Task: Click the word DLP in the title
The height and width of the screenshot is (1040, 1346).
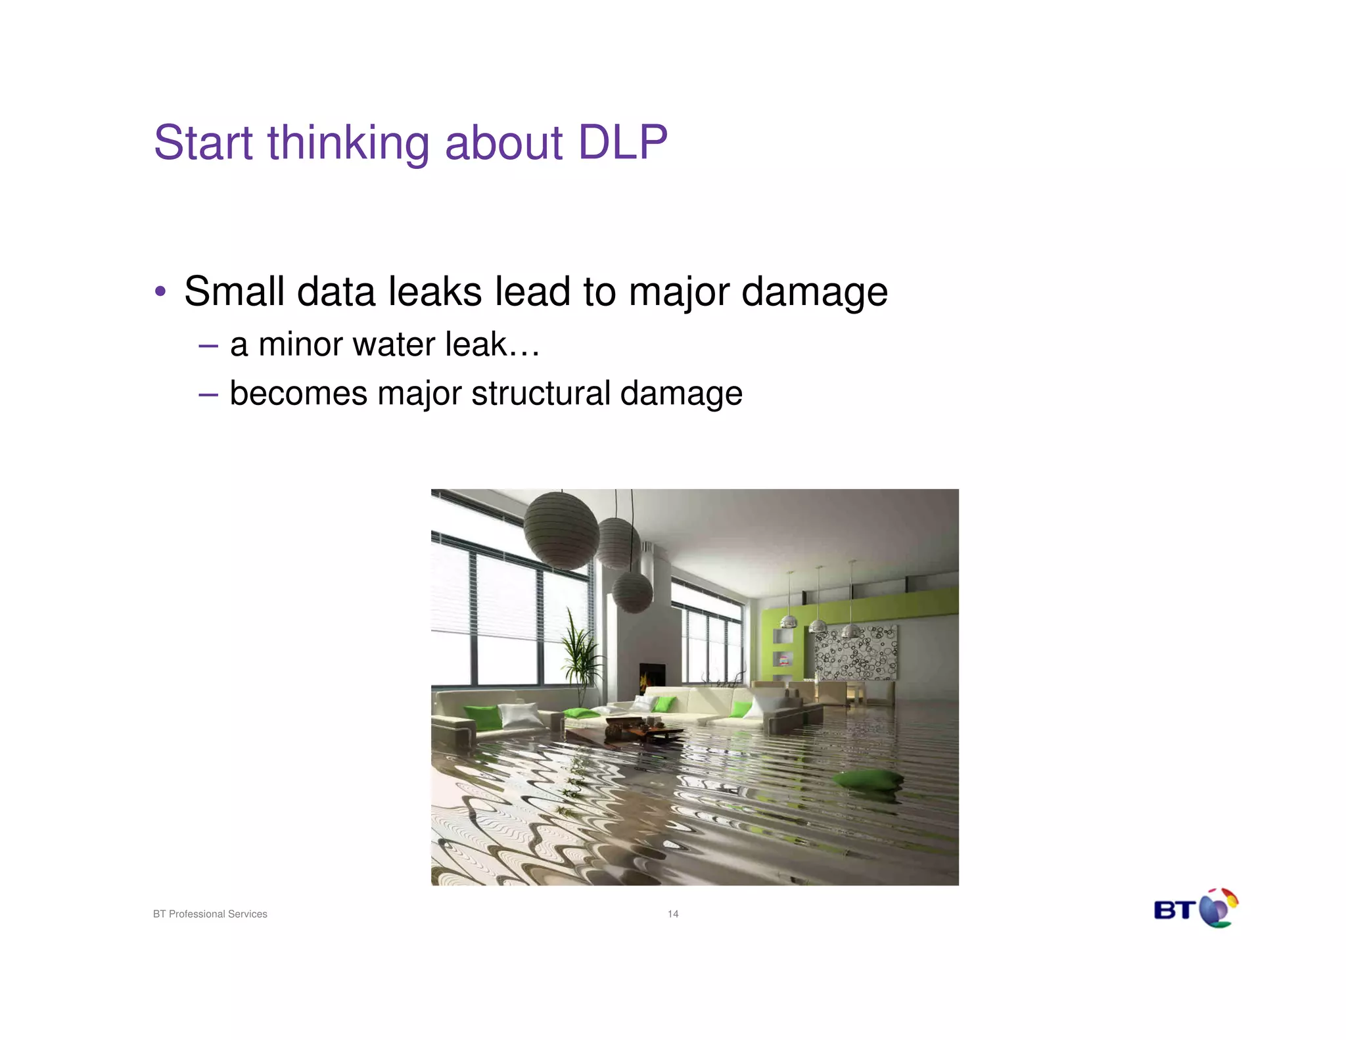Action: (622, 143)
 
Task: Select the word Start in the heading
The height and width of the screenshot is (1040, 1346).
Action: (203, 143)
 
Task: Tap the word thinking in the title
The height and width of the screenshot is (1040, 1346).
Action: (348, 144)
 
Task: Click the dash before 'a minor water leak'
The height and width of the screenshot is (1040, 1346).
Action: (208, 345)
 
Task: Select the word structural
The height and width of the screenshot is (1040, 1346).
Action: (540, 394)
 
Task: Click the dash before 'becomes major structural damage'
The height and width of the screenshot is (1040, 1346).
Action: (208, 394)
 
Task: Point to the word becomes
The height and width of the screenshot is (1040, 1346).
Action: (298, 394)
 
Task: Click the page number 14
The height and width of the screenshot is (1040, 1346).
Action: (673, 914)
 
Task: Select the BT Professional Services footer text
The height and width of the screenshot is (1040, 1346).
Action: (210, 914)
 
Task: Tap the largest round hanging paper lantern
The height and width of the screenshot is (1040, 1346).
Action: (561, 531)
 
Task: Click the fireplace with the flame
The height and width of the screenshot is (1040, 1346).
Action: (652, 677)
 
